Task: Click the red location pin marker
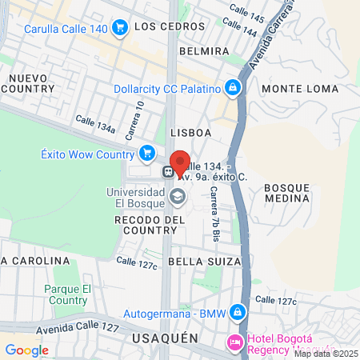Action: click(x=180, y=162)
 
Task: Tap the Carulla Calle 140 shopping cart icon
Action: click(x=120, y=29)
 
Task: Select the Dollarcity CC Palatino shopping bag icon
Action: click(x=232, y=87)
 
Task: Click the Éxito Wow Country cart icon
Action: click(x=146, y=153)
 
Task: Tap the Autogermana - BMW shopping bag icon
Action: click(x=237, y=312)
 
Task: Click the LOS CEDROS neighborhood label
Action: click(x=166, y=26)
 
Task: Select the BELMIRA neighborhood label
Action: click(x=204, y=51)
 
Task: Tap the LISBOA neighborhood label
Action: click(x=190, y=132)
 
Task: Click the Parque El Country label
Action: click(x=68, y=294)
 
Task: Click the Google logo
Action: click(x=26, y=350)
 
